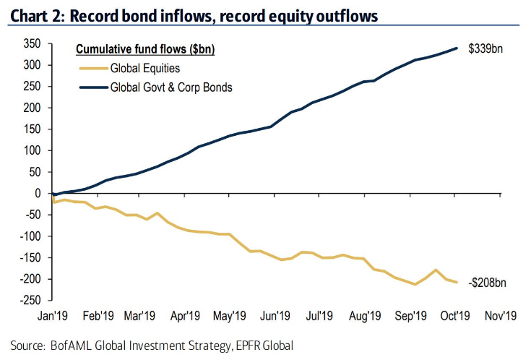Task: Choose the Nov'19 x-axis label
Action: click(498, 315)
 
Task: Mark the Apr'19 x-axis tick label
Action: click(185, 315)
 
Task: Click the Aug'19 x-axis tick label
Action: click(365, 315)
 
